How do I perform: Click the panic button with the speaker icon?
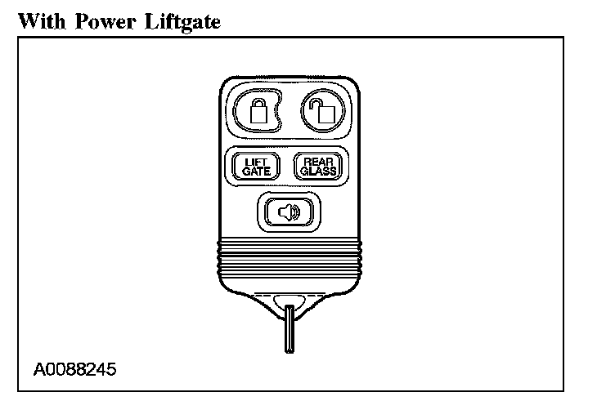[290, 212]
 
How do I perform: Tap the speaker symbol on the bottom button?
[290, 212]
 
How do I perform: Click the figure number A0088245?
[75, 369]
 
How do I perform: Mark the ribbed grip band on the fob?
[290, 258]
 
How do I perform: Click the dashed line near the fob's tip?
[290, 292]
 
